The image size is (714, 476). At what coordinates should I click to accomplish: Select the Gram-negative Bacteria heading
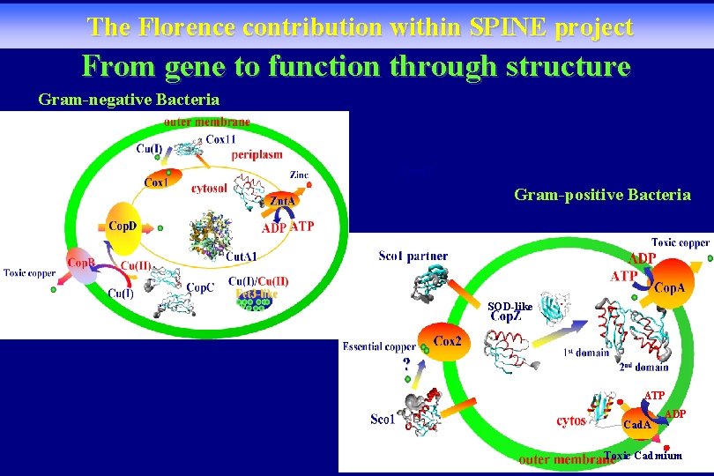point(129,100)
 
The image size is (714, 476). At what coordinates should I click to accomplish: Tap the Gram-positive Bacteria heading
point(602,195)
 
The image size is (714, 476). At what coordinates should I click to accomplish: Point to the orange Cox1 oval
point(157,182)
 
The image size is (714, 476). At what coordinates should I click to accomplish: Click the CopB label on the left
point(82,263)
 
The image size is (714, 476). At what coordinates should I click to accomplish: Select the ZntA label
point(283,202)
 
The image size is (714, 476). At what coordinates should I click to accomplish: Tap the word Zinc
point(299,175)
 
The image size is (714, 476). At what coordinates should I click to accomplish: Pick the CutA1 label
point(242,257)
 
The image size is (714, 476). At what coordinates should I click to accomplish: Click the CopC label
point(200,287)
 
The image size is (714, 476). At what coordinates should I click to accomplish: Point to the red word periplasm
point(257,154)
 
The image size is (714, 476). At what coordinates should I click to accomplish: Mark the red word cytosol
point(209,187)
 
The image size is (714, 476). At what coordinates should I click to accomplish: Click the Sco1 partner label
point(413,256)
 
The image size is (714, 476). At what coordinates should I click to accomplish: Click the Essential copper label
point(379,346)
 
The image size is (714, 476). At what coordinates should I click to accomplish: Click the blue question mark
point(406,362)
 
